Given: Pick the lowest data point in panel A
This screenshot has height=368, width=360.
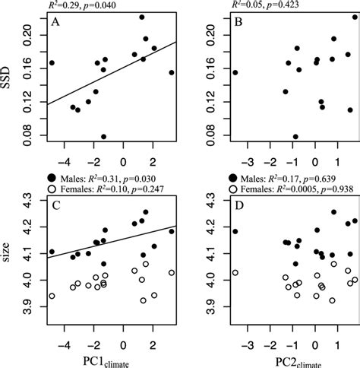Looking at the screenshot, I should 103,137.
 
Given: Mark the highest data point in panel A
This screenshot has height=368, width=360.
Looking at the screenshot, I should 142,17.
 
